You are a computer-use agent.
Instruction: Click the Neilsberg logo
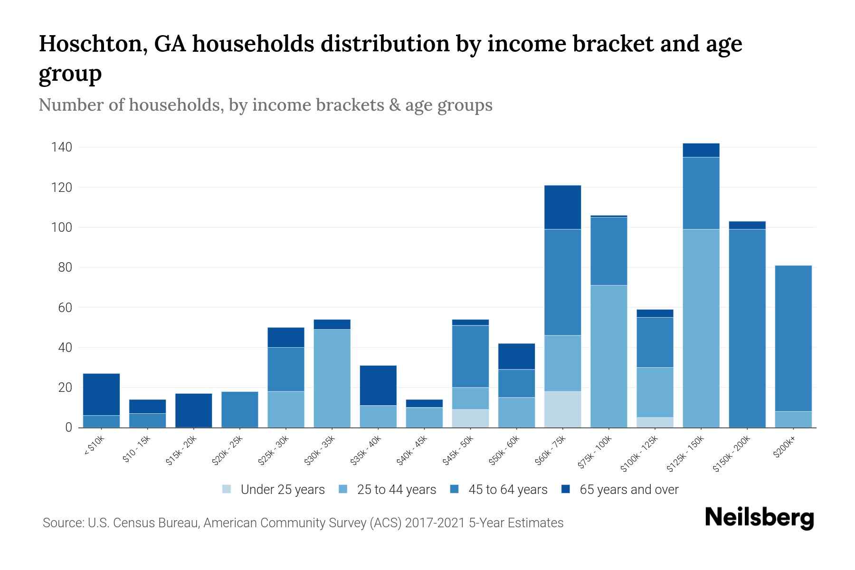[759, 518]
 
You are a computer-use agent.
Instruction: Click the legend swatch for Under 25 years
[227, 489]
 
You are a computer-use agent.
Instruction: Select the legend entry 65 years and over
[628, 490]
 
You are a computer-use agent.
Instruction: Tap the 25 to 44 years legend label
[396, 490]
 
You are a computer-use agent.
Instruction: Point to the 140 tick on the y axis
[62, 148]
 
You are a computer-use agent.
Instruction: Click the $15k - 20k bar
[193, 410]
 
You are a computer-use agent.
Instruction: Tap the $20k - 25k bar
[239, 409]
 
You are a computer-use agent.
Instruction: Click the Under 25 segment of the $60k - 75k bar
[562, 409]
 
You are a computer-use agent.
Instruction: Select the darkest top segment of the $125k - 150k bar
[701, 150]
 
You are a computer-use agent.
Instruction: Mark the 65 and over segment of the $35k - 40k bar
[378, 385]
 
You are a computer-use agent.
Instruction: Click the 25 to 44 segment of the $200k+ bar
[793, 419]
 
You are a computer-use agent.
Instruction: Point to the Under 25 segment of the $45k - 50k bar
[470, 418]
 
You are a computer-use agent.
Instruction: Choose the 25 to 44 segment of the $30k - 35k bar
[332, 378]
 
